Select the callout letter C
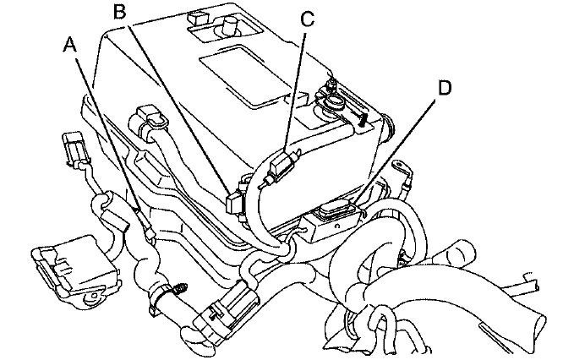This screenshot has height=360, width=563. [307, 19]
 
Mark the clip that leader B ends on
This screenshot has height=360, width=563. [234, 201]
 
